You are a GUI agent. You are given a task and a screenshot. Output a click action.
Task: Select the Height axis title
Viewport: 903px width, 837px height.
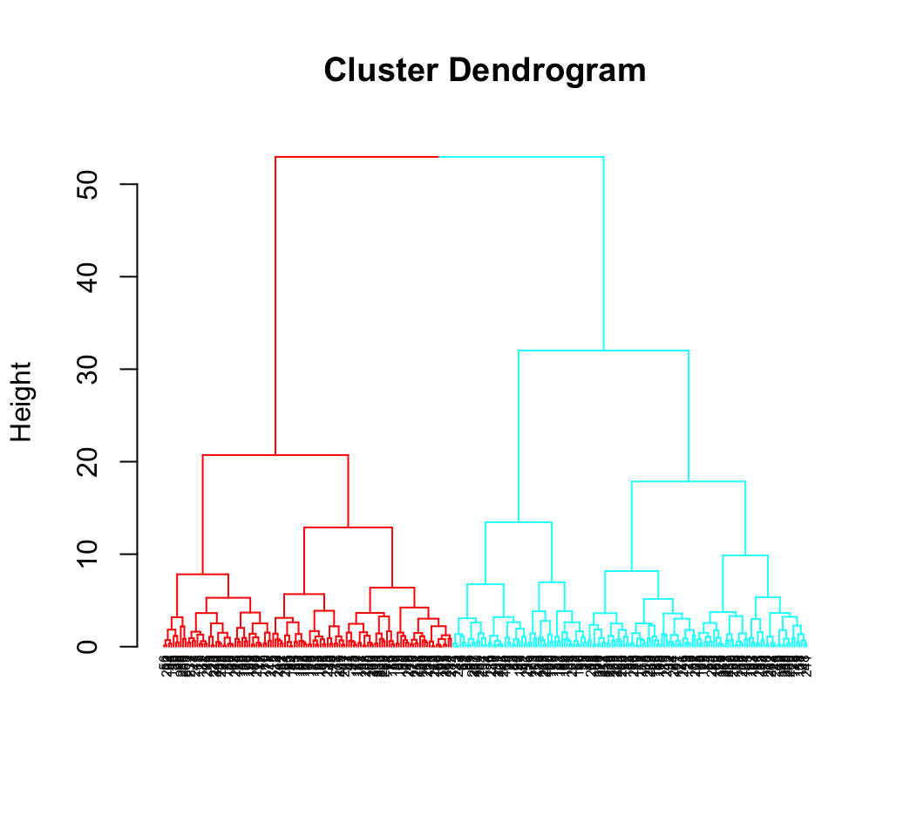click(x=22, y=401)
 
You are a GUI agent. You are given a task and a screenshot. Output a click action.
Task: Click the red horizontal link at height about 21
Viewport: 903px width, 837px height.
click(x=275, y=455)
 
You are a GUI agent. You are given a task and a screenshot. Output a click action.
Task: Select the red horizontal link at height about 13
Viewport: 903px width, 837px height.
click(x=348, y=527)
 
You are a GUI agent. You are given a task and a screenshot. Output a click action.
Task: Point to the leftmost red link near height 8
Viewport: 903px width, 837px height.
click(x=202, y=575)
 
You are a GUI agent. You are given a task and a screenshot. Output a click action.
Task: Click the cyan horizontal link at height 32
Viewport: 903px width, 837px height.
click(x=603, y=350)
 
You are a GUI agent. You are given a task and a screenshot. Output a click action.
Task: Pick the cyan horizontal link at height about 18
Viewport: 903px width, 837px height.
click(x=689, y=481)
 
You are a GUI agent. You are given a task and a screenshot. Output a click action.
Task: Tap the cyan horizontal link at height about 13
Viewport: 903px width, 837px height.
click(x=519, y=522)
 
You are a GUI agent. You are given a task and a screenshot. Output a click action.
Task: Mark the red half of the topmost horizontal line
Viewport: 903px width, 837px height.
click(x=357, y=157)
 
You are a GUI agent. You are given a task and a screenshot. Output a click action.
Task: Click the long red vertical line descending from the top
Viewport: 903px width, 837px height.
click(x=275, y=305)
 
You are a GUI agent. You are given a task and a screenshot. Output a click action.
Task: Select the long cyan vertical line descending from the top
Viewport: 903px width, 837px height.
click(x=603, y=253)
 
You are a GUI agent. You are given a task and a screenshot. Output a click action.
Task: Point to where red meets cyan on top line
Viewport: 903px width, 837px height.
click(x=438, y=157)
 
